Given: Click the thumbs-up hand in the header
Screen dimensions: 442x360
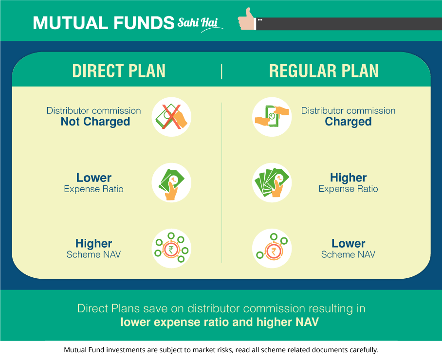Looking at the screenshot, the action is (x=247, y=19).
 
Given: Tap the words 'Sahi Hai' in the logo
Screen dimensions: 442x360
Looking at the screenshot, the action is (x=198, y=22).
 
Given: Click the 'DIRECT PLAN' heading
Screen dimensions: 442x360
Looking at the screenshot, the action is (x=119, y=71).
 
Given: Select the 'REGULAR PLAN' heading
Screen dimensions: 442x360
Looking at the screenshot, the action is (x=324, y=71).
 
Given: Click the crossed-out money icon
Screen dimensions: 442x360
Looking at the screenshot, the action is (x=171, y=117).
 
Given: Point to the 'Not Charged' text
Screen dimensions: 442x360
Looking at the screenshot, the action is (x=95, y=122).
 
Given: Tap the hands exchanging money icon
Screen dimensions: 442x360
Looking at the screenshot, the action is (x=272, y=117).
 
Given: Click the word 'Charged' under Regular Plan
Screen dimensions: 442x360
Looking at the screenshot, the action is (x=348, y=122).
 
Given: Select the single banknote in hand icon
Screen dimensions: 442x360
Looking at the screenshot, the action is (x=171, y=182).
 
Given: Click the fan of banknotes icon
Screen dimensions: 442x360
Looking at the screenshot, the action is (x=272, y=182).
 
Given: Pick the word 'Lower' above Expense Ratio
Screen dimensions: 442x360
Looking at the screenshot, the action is (x=94, y=178).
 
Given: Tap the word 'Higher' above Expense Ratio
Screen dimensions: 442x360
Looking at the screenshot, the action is (x=348, y=178).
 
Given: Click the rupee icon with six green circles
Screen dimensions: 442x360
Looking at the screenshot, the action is (x=171, y=248).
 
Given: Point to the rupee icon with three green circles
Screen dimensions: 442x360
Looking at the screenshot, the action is (x=272, y=248).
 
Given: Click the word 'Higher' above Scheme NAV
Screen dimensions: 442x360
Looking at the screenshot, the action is (x=93, y=243).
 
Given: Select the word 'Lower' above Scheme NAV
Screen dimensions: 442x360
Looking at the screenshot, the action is (x=348, y=243).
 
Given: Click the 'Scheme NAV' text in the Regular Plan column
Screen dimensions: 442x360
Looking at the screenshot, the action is (x=348, y=254).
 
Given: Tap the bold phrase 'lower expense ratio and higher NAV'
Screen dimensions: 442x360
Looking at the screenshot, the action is (x=220, y=322).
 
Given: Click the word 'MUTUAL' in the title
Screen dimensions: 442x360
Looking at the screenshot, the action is (x=71, y=23).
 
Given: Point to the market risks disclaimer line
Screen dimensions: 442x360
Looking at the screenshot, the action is (x=221, y=350).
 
